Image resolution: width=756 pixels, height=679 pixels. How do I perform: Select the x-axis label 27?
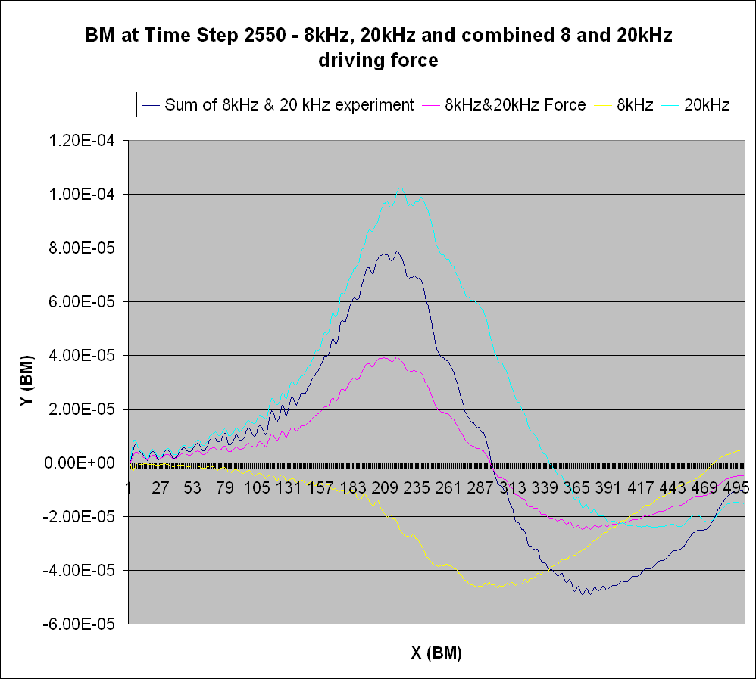(x=160, y=488)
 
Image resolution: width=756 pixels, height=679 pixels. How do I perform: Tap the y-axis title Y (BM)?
(x=28, y=383)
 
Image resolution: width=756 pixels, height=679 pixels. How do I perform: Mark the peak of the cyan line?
(x=401, y=188)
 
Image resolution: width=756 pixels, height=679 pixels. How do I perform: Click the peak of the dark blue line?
(x=397, y=251)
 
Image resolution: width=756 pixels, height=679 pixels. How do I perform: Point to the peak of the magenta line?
(x=395, y=357)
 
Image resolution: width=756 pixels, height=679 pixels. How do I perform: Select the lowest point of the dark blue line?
(x=585, y=594)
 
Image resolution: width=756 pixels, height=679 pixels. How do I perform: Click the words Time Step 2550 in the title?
(x=216, y=36)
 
